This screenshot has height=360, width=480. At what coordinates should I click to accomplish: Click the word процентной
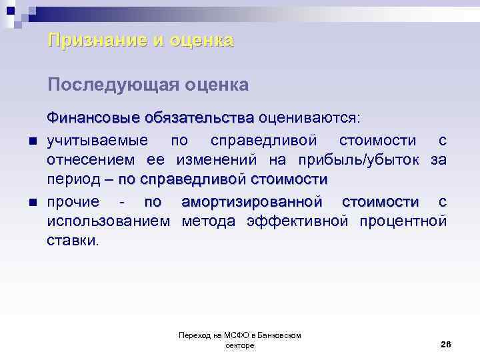pyautogui.click(x=404, y=221)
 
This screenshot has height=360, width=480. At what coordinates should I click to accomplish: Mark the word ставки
pyautogui.click(x=73, y=241)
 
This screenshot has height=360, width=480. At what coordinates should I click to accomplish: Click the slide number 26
pyautogui.click(x=446, y=343)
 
